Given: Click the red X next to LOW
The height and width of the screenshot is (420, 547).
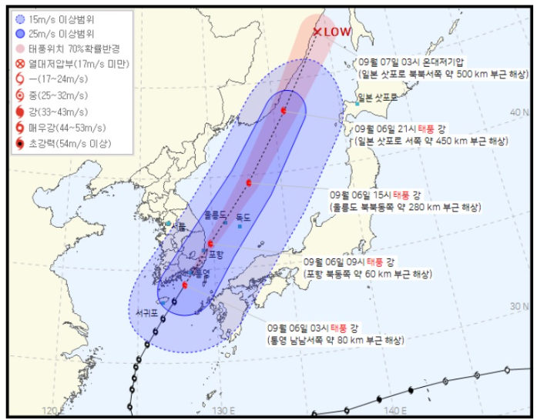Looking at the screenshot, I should (x=316, y=32).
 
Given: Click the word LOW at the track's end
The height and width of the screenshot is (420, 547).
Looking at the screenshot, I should (x=337, y=32).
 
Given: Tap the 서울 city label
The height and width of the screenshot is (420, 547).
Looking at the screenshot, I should (x=178, y=225).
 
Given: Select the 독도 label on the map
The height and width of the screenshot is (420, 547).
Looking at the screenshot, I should (x=244, y=218).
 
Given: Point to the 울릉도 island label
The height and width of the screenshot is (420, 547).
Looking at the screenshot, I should (x=217, y=216).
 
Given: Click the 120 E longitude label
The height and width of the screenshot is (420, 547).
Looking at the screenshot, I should (x=53, y=411).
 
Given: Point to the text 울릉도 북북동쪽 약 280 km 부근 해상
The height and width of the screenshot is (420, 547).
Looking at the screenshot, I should (x=406, y=208).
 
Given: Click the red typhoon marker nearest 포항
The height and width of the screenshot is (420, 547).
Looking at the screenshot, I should (x=210, y=243).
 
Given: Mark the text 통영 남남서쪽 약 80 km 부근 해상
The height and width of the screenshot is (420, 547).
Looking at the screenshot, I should (x=333, y=339).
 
